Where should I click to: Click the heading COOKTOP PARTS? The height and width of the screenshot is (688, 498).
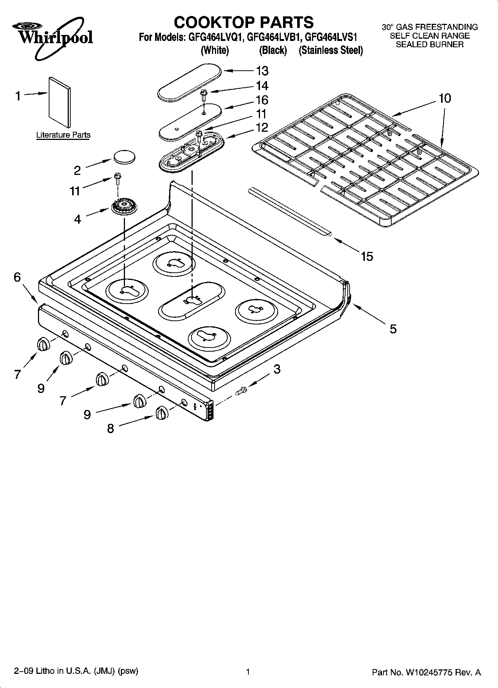pyautogui.click(x=244, y=22)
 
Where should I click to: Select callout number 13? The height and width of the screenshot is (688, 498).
pyautogui.click(x=262, y=71)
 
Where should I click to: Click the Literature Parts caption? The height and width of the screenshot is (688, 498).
pyautogui.click(x=63, y=135)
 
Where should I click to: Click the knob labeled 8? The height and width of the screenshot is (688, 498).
pyautogui.click(x=161, y=413)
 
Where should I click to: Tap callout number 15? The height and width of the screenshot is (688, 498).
pyautogui.click(x=367, y=256)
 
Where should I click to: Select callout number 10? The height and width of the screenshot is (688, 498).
pyautogui.click(x=444, y=98)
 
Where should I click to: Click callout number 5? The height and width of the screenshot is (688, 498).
pyautogui.click(x=393, y=329)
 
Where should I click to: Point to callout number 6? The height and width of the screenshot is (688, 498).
pyautogui.click(x=17, y=277)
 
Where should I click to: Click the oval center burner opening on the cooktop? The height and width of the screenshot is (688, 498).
pyautogui.click(x=192, y=300)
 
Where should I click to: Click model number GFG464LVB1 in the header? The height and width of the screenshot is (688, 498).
pyautogui.click(x=272, y=37)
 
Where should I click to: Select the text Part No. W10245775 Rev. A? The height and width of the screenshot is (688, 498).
pyautogui.click(x=426, y=672)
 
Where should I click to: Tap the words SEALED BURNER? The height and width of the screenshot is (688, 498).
pyautogui.click(x=430, y=45)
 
